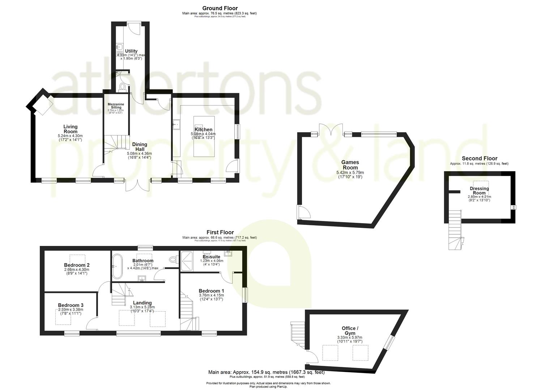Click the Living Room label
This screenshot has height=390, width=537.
[71, 129]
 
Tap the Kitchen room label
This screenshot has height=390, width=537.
[204, 130]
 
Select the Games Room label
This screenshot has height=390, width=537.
[350, 165]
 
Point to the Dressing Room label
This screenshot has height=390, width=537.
[479, 190]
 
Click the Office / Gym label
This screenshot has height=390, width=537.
[350, 330]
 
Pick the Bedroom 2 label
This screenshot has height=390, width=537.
[77, 265]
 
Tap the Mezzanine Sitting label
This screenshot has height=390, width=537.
[116, 106]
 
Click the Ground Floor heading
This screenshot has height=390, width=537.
[220, 8]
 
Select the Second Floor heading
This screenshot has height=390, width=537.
[480, 158]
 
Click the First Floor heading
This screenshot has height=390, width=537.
[220, 232]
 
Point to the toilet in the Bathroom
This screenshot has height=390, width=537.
[173, 259]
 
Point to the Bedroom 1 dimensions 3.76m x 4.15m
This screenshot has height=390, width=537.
[211, 295]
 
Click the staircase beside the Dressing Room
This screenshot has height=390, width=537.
[454, 231]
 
